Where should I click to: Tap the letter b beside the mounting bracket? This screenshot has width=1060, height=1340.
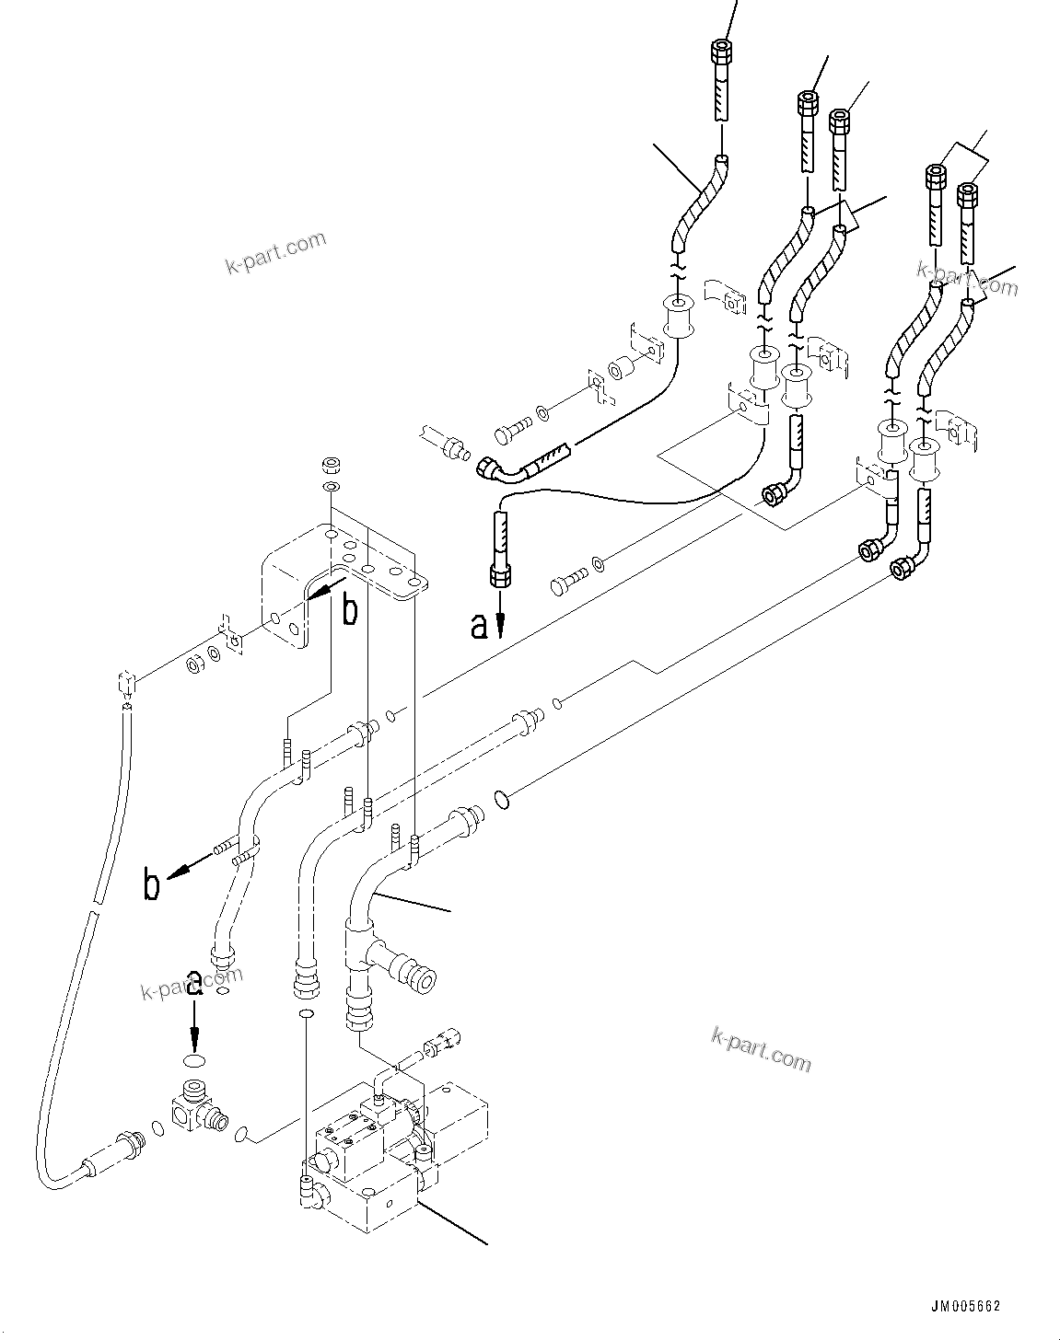(350, 610)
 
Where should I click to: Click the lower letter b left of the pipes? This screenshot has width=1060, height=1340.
(152, 884)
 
